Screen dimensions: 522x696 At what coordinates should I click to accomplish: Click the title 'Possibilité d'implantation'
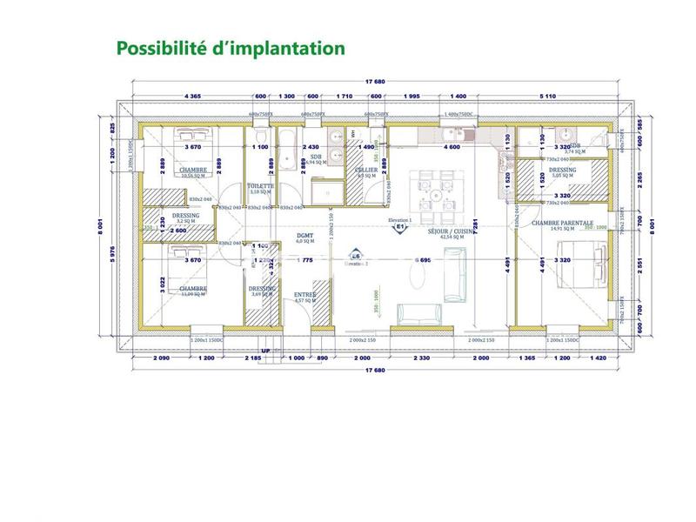point(230,48)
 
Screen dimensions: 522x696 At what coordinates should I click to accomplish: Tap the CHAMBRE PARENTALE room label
point(562,223)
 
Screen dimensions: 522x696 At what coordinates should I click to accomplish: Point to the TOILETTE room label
point(261,186)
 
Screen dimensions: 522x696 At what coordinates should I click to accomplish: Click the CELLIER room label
point(366,171)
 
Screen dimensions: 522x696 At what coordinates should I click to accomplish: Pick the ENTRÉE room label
point(304,295)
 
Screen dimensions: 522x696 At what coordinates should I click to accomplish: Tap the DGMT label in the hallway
point(304,236)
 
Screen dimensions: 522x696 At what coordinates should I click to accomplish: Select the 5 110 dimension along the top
point(549,96)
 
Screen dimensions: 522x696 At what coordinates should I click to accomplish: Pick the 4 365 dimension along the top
point(193,96)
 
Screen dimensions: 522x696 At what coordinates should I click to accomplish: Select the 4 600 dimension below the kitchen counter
point(452,148)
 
